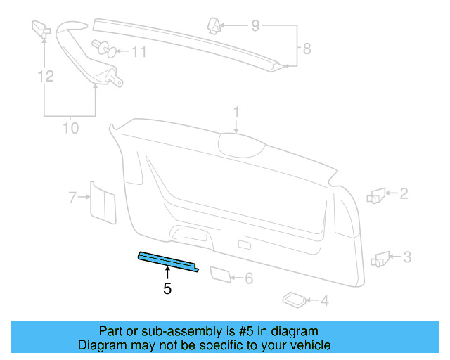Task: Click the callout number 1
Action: (237, 112)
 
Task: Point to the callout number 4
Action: (323, 302)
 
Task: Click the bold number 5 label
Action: (167, 288)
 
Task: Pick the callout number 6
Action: (248, 278)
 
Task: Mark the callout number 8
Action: (306, 49)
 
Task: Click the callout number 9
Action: (255, 27)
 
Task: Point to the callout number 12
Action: (46, 76)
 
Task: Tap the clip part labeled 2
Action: (376, 195)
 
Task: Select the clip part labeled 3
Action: (380, 258)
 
